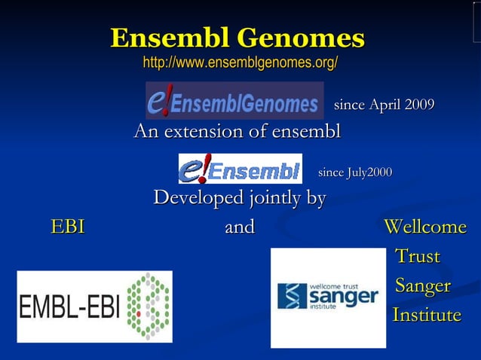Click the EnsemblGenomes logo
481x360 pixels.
pyautogui.click(x=234, y=101)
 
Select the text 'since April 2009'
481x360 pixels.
pyautogui.click(x=384, y=104)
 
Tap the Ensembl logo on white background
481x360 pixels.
pyautogui.click(x=240, y=169)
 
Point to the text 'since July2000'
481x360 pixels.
pyautogui.click(x=355, y=173)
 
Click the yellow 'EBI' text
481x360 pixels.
pyautogui.click(x=67, y=227)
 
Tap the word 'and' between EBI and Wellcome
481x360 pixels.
pyautogui.click(x=240, y=227)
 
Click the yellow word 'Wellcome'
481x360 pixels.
pyautogui.click(x=425, y=227)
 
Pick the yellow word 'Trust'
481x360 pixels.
pyautogui.click(x=418, y=256)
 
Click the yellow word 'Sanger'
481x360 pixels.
pyautogui.click(x=423, y=286)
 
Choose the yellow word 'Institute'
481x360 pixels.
pyautogui.click(x=427, y=315)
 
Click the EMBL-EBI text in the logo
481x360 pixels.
pyautogui.click(x=70, y=307)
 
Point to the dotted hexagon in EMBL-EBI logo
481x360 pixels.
pyautogui.click(x=148, y=307)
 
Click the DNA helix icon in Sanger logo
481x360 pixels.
pyautogui.click(x=292, y=296)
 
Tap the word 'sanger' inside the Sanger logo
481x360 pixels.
pyautogui.click(x=343, y=297)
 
